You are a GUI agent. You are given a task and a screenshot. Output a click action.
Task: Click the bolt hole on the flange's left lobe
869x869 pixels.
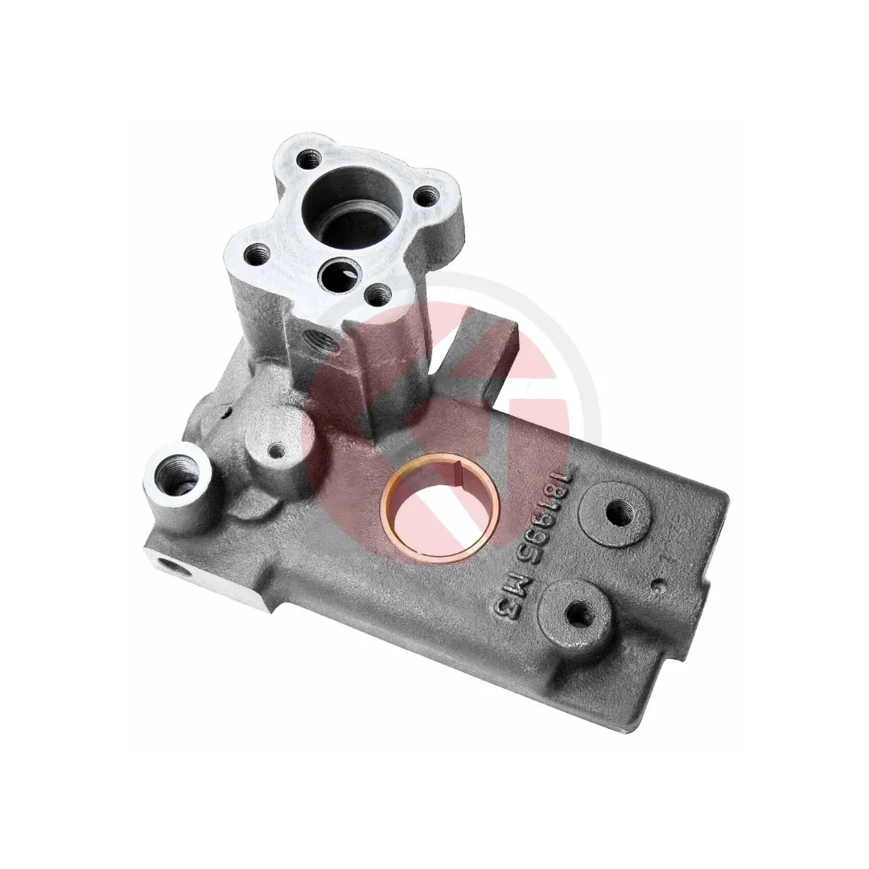click(x=257, y=256)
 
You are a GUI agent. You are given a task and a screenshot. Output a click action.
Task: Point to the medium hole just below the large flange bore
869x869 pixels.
click(x=340, y=272)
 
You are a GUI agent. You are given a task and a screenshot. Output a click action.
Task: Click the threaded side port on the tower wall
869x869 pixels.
click(x=319, y=340)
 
